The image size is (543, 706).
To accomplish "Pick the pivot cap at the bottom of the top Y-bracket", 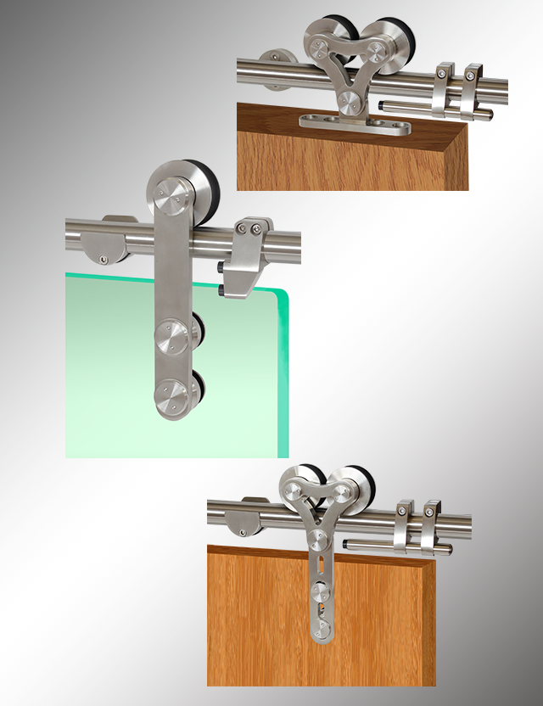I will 347,104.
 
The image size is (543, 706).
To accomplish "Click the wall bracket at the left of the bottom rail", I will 247,518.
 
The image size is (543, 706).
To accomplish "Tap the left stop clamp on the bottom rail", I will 402,527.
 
